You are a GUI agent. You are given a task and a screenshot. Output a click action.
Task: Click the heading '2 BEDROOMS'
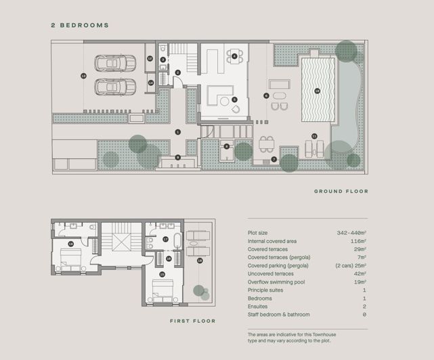(80, 25)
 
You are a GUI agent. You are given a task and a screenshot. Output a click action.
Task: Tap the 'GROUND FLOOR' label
(341, 192)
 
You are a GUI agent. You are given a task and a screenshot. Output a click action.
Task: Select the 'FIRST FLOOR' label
(192, 321)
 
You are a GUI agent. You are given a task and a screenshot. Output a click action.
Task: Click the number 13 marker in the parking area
(83, 76)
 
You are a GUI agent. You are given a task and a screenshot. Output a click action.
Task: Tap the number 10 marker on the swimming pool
(316, 90)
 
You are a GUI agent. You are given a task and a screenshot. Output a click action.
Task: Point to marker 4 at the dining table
(234, 56)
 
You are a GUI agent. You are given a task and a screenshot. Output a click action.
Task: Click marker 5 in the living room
(234, 99)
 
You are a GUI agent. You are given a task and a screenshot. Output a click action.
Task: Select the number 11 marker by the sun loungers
(314, 136)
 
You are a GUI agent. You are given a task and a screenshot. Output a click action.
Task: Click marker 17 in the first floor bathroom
(166, 239)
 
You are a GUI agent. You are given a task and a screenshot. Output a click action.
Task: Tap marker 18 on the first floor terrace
(200, 260)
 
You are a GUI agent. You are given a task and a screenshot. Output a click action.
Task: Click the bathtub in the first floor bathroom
(178, 241)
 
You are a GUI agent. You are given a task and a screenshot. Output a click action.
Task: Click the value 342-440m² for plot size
(351, 233)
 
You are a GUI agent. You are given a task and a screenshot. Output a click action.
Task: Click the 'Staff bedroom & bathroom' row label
(279, 314)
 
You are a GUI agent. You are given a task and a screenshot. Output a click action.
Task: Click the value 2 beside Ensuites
(364, 306)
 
